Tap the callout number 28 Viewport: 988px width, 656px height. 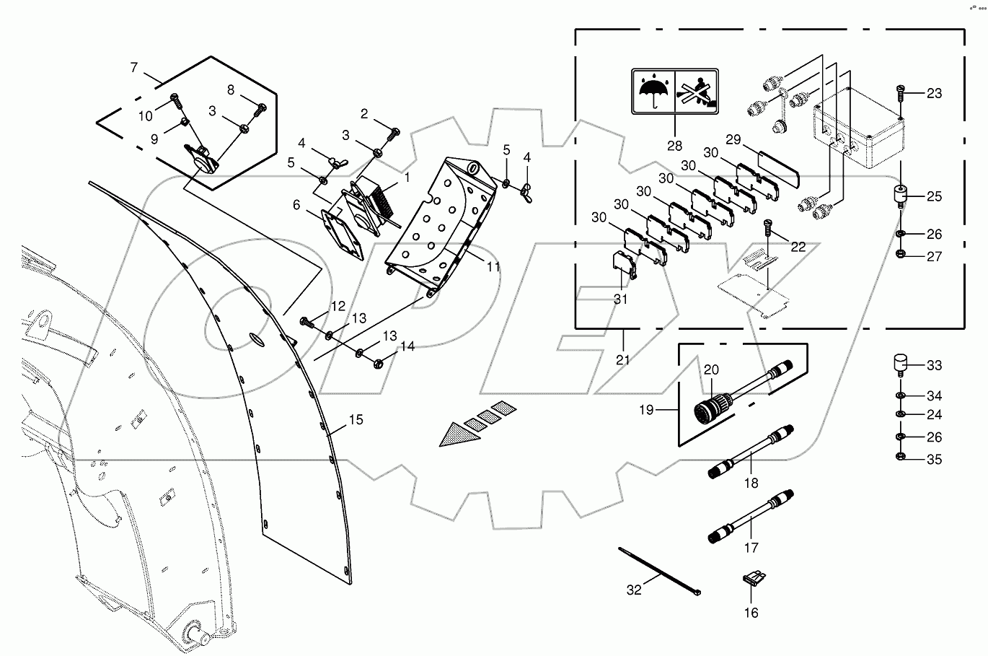(674, 145)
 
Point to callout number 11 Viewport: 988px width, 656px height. (493, 266)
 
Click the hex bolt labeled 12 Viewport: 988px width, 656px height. (304, 321)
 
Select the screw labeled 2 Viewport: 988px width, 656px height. (394, 133)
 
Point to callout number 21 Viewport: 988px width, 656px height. (623, 359)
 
